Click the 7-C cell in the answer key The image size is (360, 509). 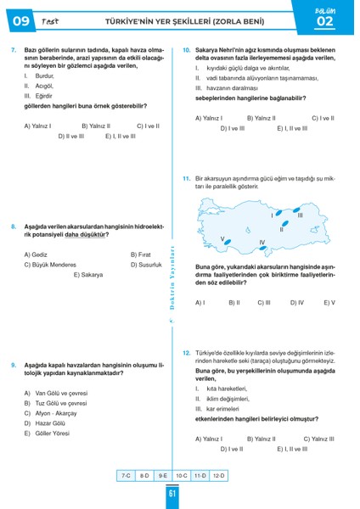127,477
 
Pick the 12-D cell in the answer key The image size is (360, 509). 219,477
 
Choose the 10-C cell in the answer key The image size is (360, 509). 182,477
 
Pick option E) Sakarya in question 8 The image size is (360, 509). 87,275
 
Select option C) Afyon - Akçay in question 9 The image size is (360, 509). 55,413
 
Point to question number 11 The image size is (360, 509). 186,179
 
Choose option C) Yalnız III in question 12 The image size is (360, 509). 318,439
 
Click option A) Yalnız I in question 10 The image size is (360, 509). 209,118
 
